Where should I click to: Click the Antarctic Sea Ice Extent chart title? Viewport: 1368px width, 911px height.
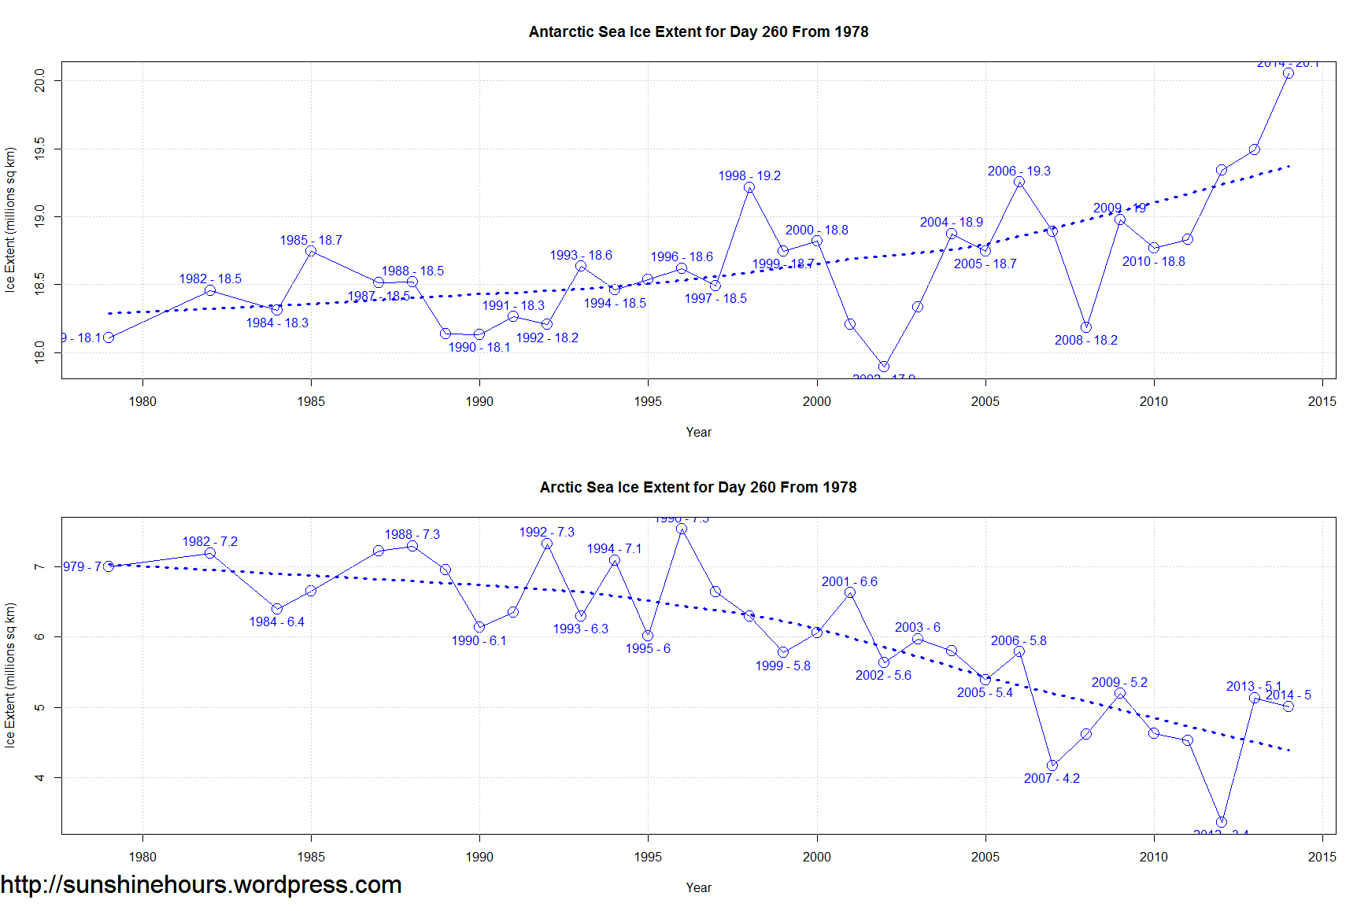coord(698,32)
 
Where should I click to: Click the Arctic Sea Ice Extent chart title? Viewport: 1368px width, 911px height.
coord(697,488)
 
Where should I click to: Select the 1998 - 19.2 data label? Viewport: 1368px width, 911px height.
coord(749,176)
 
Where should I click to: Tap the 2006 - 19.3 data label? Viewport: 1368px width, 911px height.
coord(1019,172)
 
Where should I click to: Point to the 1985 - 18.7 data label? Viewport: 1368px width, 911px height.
coord(311,241)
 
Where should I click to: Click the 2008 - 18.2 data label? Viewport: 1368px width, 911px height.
coord(1085,341)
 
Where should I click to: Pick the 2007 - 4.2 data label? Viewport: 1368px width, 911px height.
coord(1052,779)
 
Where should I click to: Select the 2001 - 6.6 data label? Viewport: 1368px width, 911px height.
coord(849,582)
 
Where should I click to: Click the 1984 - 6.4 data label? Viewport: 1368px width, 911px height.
coord(276,622)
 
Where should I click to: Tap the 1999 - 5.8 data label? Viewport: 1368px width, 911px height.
coord(782,666)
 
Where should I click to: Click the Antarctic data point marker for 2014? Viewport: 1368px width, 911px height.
coord(1288,73)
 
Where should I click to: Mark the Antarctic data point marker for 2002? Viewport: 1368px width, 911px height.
coord(883,367)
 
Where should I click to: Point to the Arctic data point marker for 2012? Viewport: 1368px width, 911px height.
coord(1221,822)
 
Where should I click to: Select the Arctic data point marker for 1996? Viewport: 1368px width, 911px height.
coord(682,529)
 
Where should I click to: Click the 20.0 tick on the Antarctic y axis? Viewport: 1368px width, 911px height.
coord(40,81)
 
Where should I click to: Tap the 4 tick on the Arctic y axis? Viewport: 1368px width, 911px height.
coord(40,777)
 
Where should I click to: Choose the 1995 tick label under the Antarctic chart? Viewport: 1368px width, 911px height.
coord(648,402)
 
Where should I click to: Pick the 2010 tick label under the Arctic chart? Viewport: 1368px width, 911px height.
coord(1153,858)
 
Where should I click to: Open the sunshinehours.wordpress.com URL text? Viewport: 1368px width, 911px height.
coord(202,885)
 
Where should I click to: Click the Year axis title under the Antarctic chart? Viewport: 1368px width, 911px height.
coord(698,433)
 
